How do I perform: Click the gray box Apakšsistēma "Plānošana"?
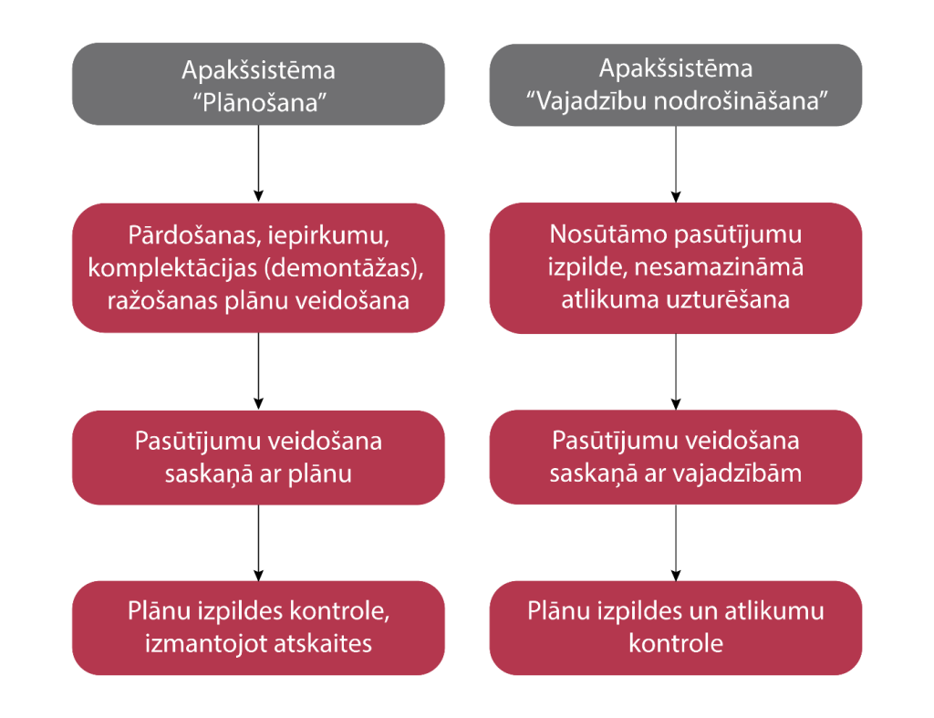[x=258, y=84]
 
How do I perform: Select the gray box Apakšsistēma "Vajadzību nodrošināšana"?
[x=675, y=84]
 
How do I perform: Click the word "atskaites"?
[x=323, y=643]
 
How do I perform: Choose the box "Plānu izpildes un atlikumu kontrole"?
[x=675, y=628]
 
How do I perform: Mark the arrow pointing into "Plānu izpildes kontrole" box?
[x=258, y=543]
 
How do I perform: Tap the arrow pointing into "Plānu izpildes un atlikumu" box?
[x=675, y=543]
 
